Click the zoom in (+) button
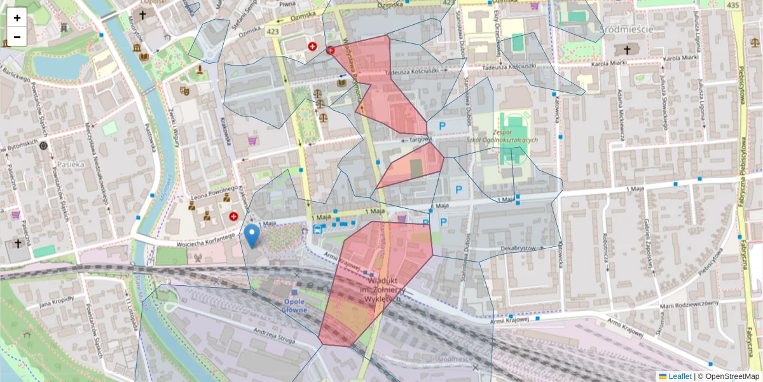click(x=17, y=17)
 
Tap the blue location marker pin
click(x=252, y=235)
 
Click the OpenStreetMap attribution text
click(x=732, y=376)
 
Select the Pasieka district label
click(x=71, y=164)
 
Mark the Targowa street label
click(x=420, y=139)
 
